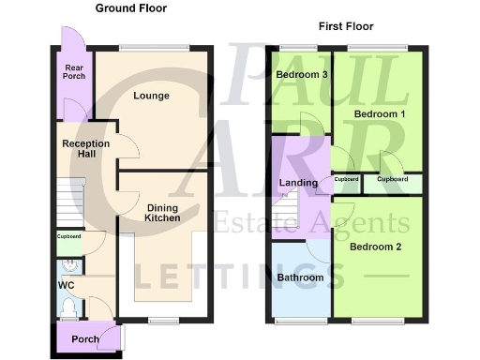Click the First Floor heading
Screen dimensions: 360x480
pyautogui.click(x=345, y=25)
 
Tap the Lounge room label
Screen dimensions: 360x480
pyautogui.click(x=150, y=96)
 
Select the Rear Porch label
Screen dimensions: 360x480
pyautogui.click(x=74, y=70)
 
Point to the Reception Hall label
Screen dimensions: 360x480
pyautogui.click(x=85, y=148)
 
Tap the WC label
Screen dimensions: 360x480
pyautogui.click(x=66, y=284)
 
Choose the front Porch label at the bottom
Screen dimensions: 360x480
pyautogui.click(x=84, y=339)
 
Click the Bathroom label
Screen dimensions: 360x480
pyautogui.click(x=300, y=277)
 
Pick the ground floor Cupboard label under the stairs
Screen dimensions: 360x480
pyautogui.click(x=69, y=236)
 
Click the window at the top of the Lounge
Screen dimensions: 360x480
pyautogui.click(x=154, y=47)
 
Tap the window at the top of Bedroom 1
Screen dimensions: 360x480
pyautogui.click(x=384, y=47)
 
